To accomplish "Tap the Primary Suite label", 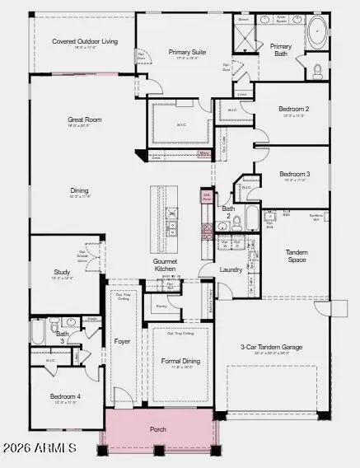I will click(188, 52).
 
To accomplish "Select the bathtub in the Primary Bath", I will click(316, 33).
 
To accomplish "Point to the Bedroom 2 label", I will click(294, 109).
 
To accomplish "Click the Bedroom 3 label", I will click(294, 174).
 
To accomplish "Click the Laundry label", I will click(231, 269).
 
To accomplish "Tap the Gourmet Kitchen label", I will click(166, 264).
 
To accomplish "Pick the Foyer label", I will click(122, 340).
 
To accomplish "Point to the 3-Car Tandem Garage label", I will click(271, 347).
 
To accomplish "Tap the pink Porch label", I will click(158, 429).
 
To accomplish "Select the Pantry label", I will click(161, 304).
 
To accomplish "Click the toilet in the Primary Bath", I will click(318, 71).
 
